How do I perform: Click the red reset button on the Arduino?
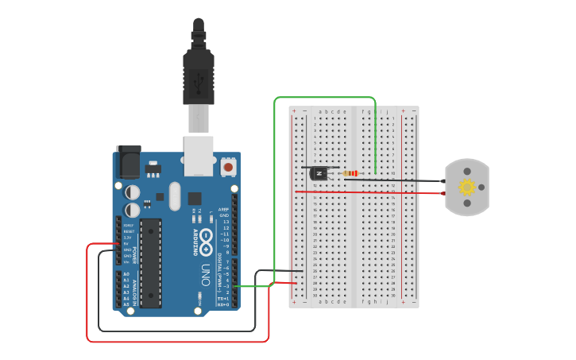229,167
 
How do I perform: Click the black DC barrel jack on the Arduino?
128,163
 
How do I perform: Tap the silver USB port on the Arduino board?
199,155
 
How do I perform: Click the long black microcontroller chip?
151,263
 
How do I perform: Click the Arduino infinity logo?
206,240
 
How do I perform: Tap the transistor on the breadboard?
319,172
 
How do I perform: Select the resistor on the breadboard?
350,172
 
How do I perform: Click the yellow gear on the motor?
467,187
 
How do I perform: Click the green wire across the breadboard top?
324,98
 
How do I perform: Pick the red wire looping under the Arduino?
175,342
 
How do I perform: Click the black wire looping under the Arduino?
175,331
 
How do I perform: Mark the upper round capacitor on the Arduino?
133,192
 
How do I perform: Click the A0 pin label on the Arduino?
126,274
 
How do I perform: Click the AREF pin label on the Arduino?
224,210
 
